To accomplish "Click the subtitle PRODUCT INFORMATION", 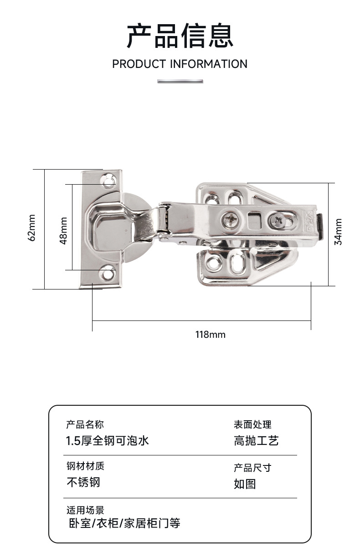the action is click(180, 64).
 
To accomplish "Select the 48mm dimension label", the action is click(64, 231).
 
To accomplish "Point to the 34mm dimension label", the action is click(338, 232).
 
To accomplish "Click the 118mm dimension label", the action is click(210, 335).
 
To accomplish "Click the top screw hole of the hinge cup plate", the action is click(108, 182).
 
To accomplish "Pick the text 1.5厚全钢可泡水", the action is click(108, 441).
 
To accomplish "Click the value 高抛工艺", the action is click(256, 441).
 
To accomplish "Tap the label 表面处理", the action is click(252, 425).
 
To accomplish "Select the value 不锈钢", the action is click(83, 482).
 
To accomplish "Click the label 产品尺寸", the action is click(252, 468).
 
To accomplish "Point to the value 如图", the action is click(245, 484).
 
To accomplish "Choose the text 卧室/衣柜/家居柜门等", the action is click(124, 523).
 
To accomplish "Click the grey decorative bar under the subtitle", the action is click(180, 81).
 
